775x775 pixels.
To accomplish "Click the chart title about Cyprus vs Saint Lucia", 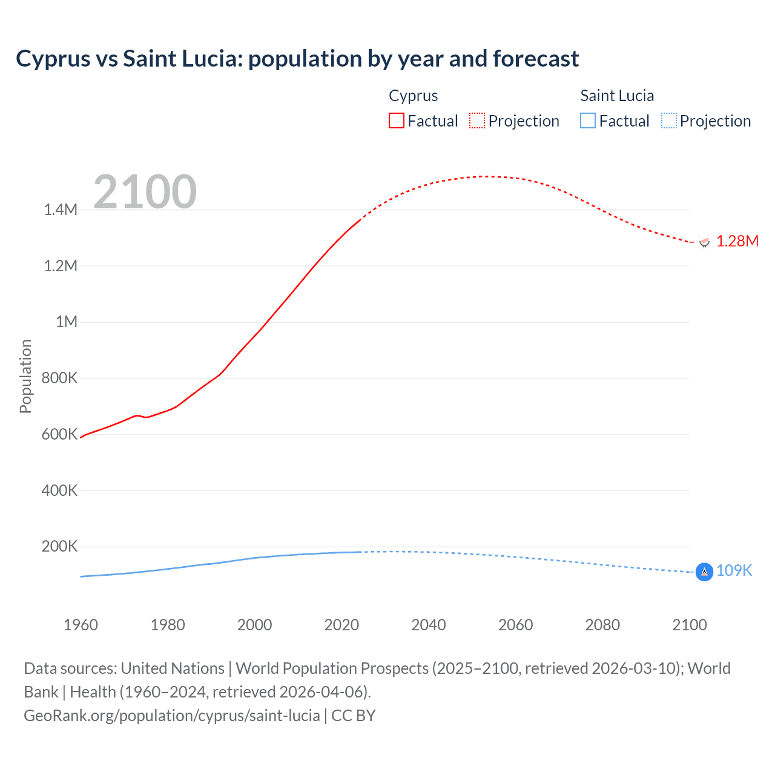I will [297, 59].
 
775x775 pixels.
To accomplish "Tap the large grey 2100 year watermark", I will [145, 192].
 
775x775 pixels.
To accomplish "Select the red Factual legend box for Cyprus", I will [397, 121].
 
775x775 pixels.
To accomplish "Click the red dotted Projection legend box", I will [477, 121].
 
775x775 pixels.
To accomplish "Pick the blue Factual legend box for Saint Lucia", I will [588, 121].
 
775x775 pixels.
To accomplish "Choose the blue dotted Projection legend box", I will [668, 121].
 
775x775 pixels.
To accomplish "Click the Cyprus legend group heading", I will [413, 96].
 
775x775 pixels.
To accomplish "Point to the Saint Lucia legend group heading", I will [617, 96].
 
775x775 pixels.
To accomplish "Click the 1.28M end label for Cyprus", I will [737, 242].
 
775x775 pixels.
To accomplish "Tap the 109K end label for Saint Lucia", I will [734, 571].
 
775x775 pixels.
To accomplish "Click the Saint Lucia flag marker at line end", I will [704, 572].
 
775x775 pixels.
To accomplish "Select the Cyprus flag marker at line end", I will [704, 242].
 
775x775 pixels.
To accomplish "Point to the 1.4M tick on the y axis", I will [61, 210].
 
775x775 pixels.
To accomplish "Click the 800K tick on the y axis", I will [59, 378].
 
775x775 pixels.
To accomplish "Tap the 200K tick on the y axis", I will [59, 547].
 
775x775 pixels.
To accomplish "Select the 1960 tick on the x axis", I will [81, 625].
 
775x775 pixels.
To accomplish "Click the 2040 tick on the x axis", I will [429, 625].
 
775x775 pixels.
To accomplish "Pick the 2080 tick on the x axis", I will [602, 625].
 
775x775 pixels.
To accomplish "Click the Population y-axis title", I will [25, 376].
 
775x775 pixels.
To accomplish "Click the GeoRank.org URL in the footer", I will [172, 716].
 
